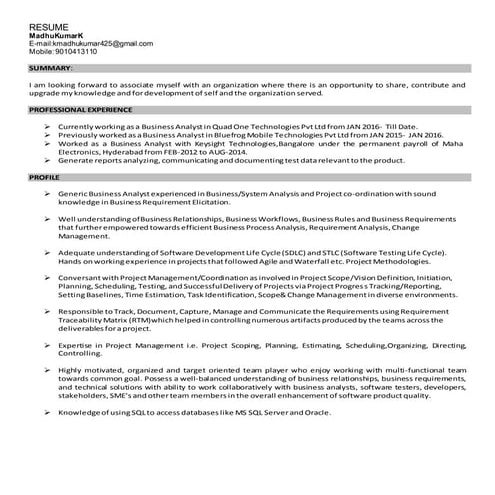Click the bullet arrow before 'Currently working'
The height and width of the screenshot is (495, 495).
click(48, 128)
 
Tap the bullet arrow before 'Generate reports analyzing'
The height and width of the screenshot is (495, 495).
click(48, 159)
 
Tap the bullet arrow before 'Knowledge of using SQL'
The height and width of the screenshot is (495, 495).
click(48, 412)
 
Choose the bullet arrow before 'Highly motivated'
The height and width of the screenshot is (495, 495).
click(48, 370)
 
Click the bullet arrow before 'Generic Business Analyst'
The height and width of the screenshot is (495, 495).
click(48, 191)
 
